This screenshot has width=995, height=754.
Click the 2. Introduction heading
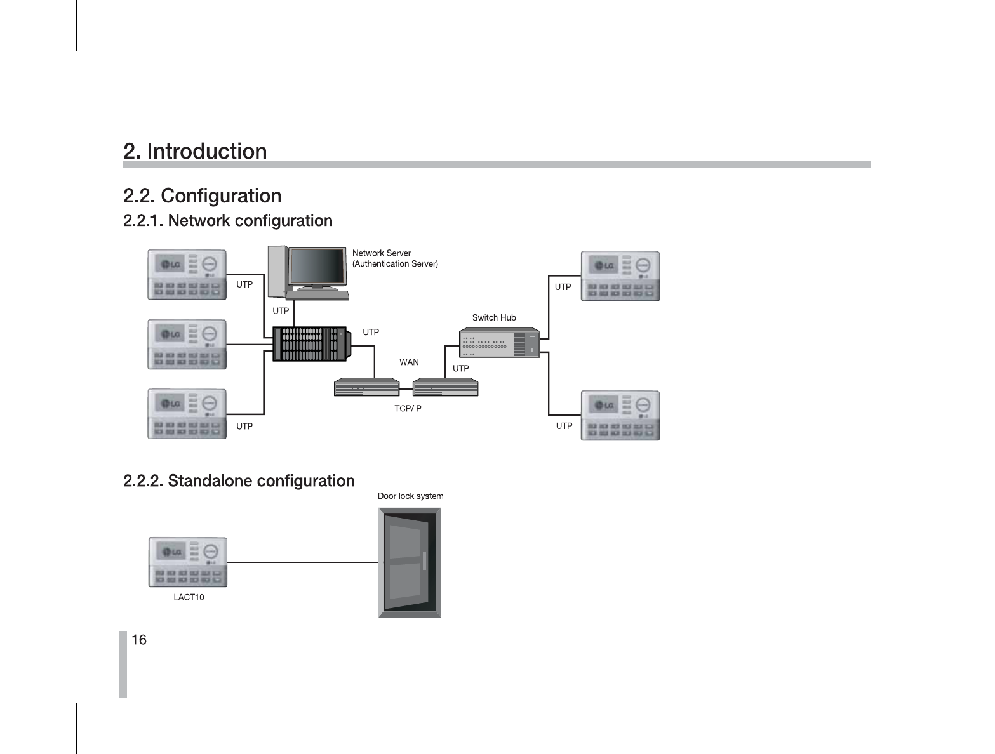(x=195, y=152)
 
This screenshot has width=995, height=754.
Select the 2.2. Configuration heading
(x=202, y=195)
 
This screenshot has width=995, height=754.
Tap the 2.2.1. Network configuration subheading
(x=227, y=221)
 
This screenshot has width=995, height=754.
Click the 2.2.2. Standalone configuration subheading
(x=239, y=481)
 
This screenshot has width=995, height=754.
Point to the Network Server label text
(x=382, y=253)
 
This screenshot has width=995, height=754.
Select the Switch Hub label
(x=494, y=317)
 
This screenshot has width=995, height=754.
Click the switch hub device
(x=499, y=343)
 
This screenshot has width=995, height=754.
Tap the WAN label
(x=409, y=362)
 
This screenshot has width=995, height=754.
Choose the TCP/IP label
(x=408, y=408)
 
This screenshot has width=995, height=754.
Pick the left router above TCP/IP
(x=366, y=387)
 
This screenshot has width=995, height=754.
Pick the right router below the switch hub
(x=445, y=387)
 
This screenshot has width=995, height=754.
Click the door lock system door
(x=410, y=562)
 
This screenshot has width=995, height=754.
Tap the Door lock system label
(x=410, y=496)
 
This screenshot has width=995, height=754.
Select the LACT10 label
(x=189, y=597)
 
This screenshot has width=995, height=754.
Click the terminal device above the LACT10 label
(x=187, y=562)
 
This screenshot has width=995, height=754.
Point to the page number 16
(x=139, y=640)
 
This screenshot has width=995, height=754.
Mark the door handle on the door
(x=424, y=562)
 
